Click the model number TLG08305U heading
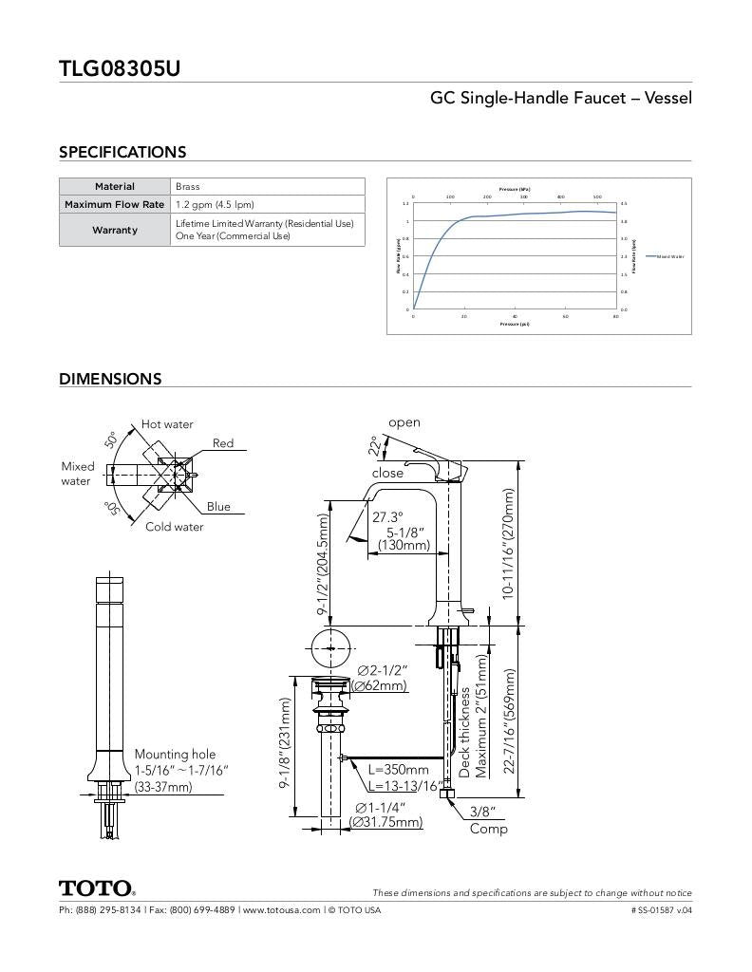pos(120,68)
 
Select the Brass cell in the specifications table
pos(188,187)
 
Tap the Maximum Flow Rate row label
pos(115,205)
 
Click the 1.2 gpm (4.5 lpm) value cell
pos(215,205)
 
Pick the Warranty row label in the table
pos(115,230)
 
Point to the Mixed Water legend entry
pos(665,256)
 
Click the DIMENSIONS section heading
pos(110,379)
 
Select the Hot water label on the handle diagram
pos(167,424)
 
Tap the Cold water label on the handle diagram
pos(174,527)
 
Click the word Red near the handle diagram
pos(223,443)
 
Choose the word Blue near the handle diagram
pos(218,506)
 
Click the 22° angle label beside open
pos(376,445)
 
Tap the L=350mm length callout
pos(398,770)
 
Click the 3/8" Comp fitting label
pos(488,820)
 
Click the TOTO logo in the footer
pos(97,889)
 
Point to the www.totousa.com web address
pos(281,909)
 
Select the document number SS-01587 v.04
pos(661,909)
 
